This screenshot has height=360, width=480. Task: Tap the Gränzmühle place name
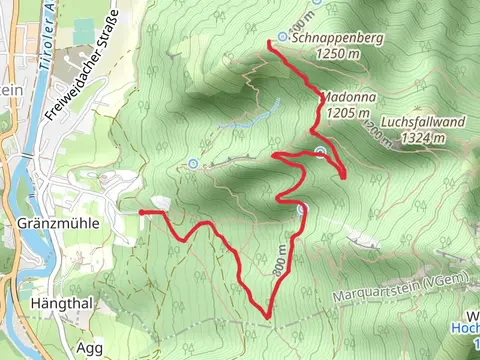click(57, 224)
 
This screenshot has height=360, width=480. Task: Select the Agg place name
click(88, 348)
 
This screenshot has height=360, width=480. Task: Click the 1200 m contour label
click(373, 131)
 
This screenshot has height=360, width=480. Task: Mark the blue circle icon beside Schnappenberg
click(283, 37)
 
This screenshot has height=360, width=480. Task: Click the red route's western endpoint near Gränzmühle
click(141, 212)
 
